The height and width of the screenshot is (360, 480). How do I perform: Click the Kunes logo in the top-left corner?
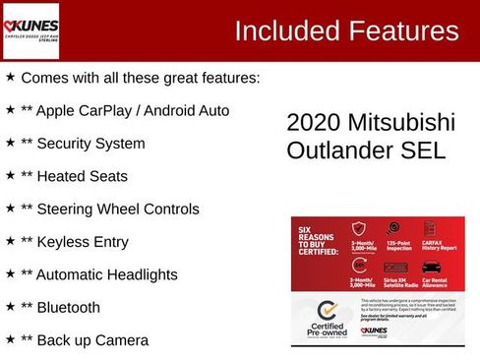[31, 30]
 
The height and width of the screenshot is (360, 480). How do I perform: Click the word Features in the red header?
[403, 31]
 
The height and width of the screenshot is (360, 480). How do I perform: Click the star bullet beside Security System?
[10, 143]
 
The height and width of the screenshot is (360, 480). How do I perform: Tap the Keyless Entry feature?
[89, 242]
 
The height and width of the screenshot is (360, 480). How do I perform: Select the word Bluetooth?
[68, 307]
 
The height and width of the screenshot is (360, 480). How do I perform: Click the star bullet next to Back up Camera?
[10, 339]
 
